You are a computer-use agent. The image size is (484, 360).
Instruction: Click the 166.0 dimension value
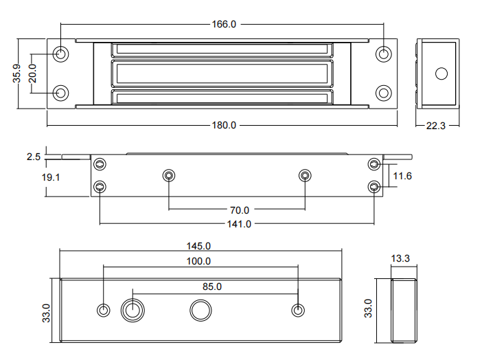click(x=222, y=24)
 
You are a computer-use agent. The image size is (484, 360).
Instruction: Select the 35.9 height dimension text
click(x=19, y=74)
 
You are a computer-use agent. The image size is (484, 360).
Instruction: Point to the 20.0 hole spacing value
click(x=32, y=72)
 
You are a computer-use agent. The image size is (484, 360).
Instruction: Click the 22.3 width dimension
click(x=436, y=126)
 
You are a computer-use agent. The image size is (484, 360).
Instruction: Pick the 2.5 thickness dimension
click(x=34, y=157)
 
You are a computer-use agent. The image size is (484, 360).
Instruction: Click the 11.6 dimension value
click(x=402, y=177)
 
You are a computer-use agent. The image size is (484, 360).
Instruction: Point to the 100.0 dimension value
click(x=198, y=261)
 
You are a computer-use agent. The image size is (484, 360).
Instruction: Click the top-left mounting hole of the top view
click(x=61, y=53)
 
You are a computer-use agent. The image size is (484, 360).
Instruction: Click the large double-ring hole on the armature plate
click(x=132, y=310)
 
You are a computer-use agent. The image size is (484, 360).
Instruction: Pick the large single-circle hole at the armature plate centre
click(x=200, y=310)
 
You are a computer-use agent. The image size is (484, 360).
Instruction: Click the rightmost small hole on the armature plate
click(x=298, y=310)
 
